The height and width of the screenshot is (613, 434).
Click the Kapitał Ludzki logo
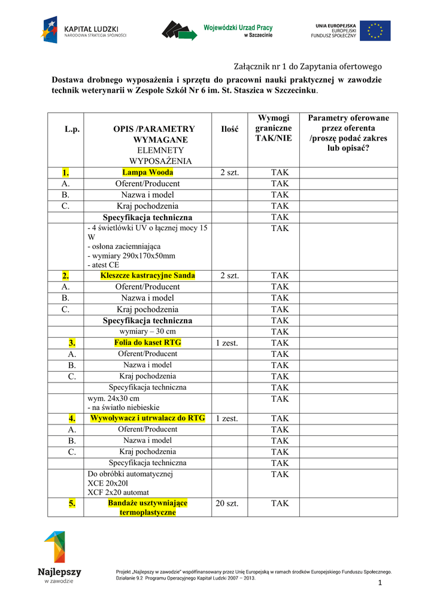84,30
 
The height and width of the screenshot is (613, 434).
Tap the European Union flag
379,31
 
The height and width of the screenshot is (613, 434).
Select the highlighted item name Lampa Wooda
147,172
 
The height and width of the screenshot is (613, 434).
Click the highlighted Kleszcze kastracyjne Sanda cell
147,275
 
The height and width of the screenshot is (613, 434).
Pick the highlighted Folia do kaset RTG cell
147,343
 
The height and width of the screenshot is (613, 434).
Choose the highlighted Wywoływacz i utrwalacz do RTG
147,418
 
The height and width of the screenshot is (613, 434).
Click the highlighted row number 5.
72,503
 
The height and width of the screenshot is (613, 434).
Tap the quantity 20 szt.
227,503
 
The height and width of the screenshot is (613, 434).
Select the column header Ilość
230,129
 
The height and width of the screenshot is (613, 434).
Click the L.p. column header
72,129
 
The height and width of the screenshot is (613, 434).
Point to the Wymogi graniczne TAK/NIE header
274,128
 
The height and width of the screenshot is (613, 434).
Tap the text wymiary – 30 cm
148,332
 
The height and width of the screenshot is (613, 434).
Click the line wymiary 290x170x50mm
131,256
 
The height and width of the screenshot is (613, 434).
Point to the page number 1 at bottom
380,583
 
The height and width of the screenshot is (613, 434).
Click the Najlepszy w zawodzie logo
59,557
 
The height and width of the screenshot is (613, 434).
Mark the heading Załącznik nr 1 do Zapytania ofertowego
307,66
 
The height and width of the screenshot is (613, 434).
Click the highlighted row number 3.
72,343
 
